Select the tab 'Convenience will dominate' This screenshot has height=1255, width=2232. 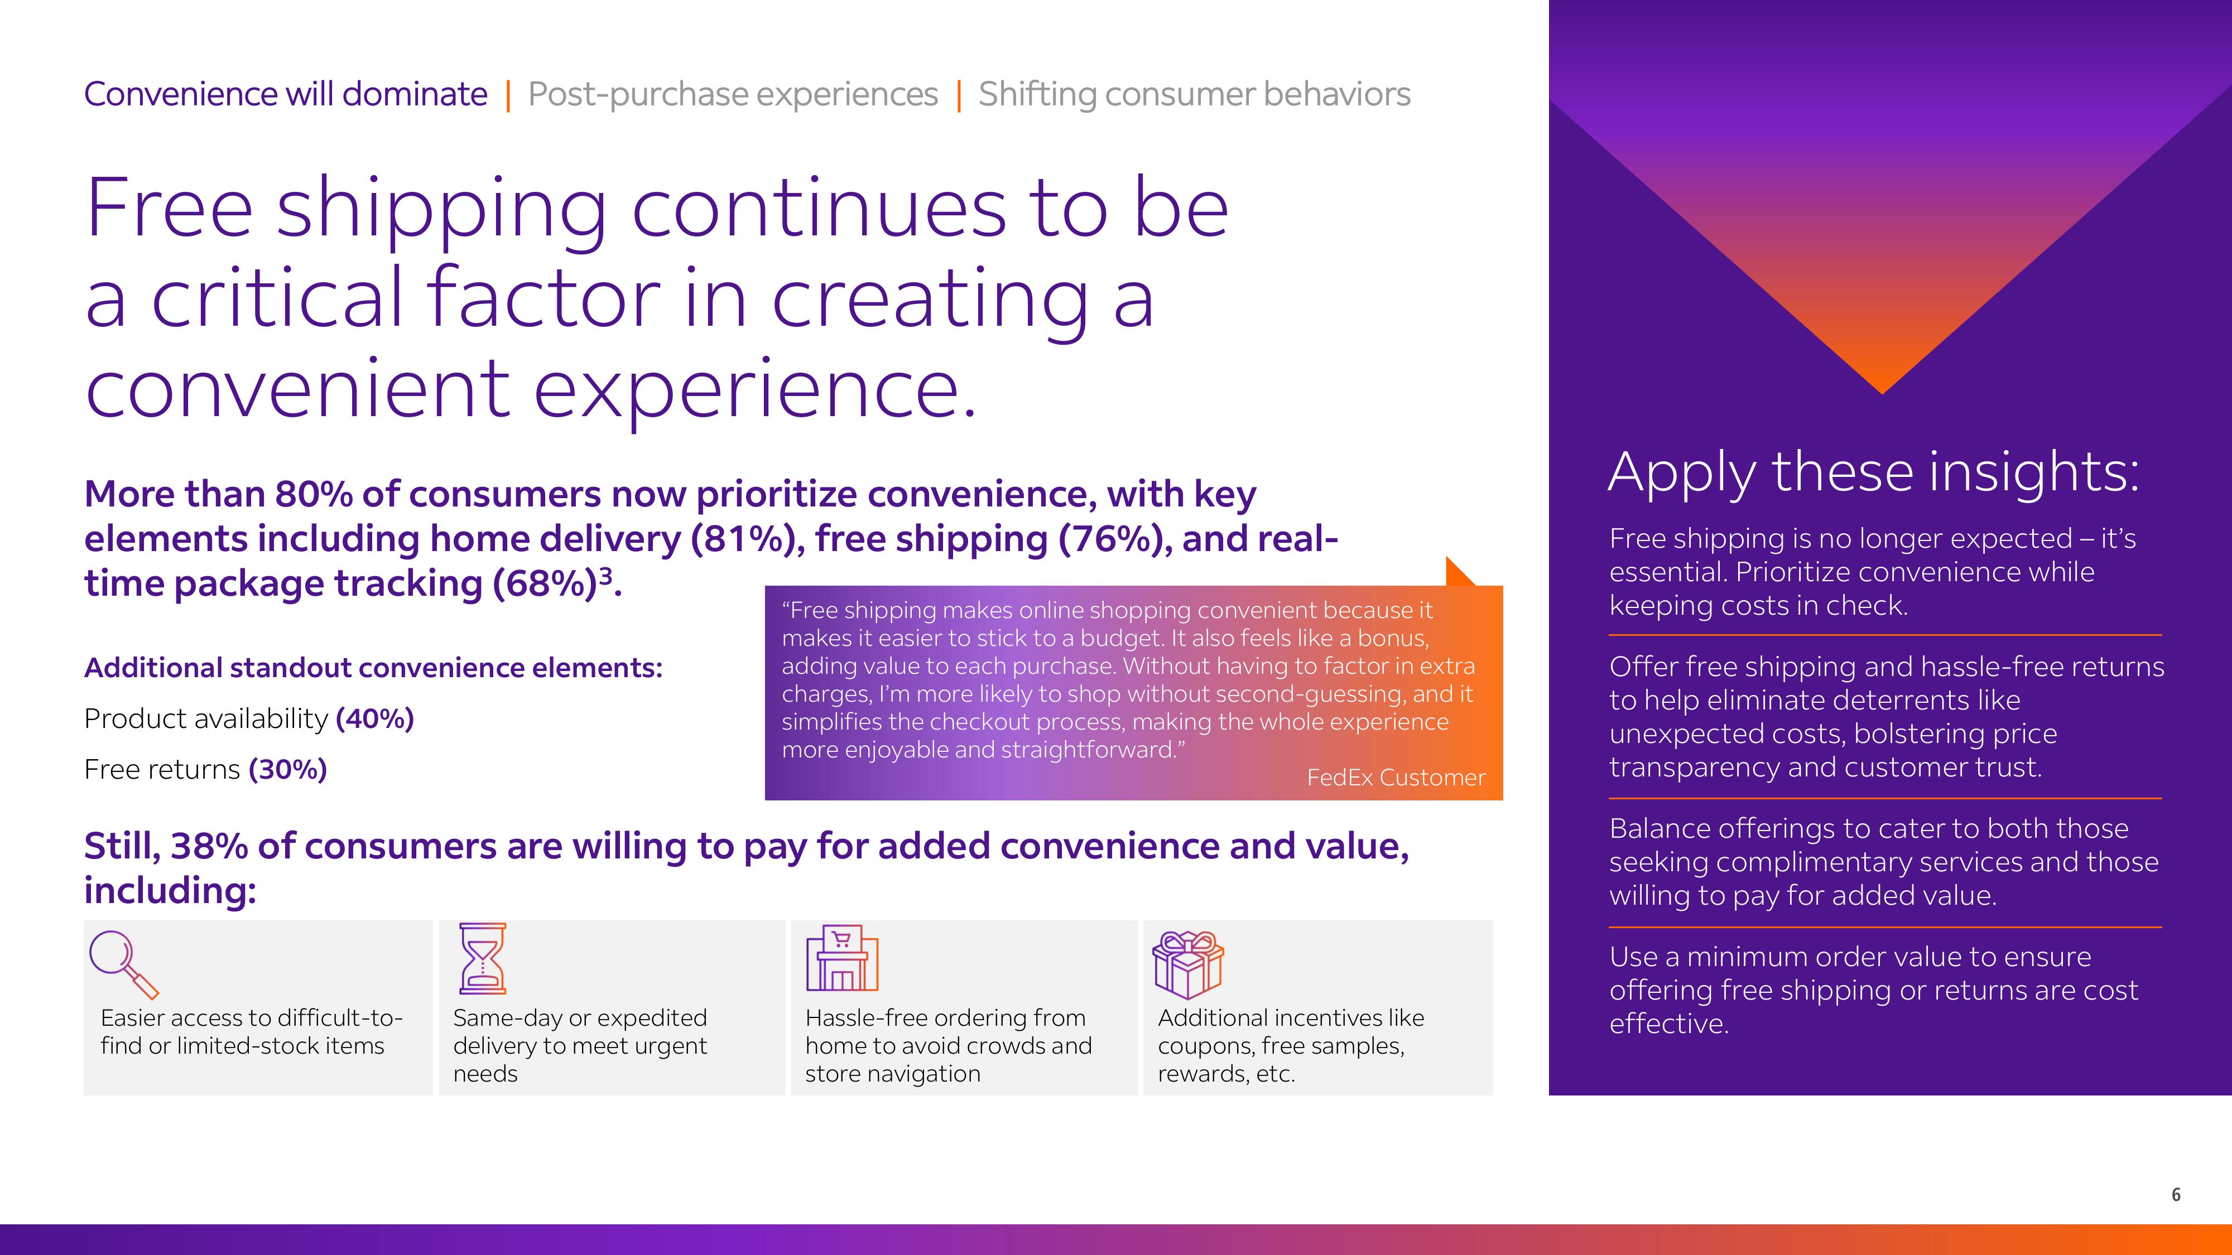[286, 94]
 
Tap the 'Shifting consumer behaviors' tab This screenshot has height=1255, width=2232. [1194, 94]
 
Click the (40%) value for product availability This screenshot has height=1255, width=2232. [375, 719]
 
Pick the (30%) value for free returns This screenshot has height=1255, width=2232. [288, 769]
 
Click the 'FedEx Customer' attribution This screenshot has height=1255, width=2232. [1396, 778]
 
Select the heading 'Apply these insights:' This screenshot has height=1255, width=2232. [1873, 473]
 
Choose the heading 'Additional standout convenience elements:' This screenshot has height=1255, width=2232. [373, 668]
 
